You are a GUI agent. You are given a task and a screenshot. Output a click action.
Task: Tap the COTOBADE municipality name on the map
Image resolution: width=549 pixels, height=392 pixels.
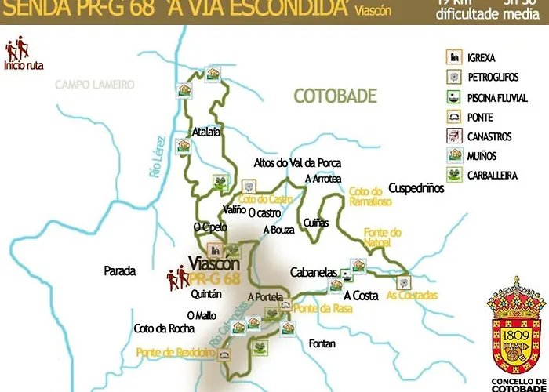click(335, 96)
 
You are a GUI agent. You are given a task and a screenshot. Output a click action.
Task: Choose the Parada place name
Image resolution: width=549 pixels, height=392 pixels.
click(119, 271)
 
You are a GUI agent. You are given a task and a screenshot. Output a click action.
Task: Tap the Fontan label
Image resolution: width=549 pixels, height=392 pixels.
click(322, 343)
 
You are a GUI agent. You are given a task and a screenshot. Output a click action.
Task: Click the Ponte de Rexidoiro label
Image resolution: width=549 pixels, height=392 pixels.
click(176, 354)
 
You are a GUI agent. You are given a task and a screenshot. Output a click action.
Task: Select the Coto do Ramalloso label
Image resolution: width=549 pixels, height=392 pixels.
click(365, 196)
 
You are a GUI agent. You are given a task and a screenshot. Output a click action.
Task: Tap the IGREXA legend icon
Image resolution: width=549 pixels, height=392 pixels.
click(452, 57)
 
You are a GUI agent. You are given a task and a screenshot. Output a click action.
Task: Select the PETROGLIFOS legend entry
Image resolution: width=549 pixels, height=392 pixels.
click(492, 78)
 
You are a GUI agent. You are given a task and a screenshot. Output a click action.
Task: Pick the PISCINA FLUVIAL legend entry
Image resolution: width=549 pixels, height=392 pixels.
click(496, 98)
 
